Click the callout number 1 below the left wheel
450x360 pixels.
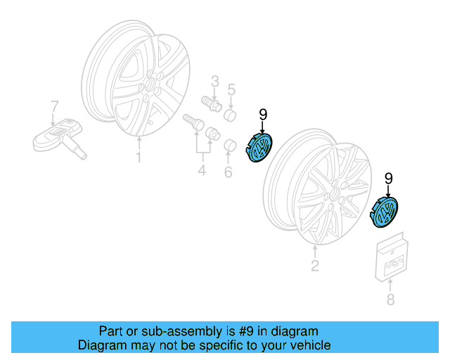[139, 157]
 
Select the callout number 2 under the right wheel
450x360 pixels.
[315, 266]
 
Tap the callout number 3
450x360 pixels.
[215, 82]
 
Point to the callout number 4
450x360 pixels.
[202, 170]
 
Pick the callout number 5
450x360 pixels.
[231, 89]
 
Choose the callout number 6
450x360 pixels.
[228, 172]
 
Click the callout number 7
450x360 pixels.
[54, 106]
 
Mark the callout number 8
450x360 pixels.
[390, 299]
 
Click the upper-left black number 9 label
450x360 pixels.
[263, 115]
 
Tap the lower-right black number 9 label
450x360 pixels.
[388, 179]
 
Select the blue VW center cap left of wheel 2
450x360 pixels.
[259, 147]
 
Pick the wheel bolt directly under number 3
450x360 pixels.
[212, 104]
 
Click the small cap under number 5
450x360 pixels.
[230, 115]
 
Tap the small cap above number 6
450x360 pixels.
[230, 146]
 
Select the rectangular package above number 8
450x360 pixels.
[392, 257]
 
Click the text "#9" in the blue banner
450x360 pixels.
[246, 331]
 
